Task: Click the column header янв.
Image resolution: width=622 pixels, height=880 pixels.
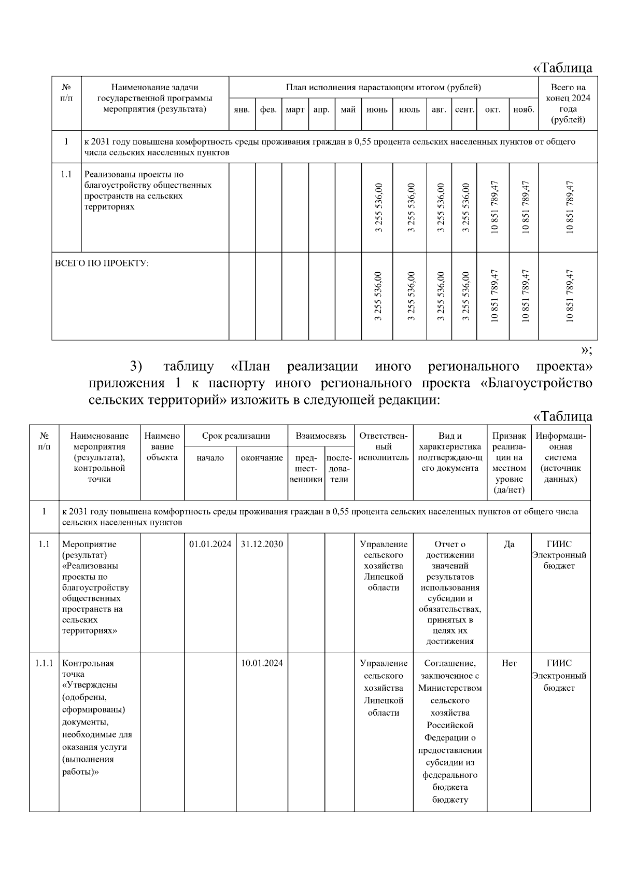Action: click(242, 110)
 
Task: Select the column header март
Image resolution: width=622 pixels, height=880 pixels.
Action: click(295, 110)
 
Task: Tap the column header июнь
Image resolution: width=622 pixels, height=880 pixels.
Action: click(377, 110)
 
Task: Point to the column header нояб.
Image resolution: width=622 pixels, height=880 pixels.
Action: click(524, 110)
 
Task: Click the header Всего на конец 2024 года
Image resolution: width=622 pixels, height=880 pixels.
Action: click(568, 103)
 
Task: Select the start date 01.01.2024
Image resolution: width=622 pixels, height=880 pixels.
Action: click(210, 544)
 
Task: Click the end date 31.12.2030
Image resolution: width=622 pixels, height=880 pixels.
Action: click(262, 544)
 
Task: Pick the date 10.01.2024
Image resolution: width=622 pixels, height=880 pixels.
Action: click(262, 663)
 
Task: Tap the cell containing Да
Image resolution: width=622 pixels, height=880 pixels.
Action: click(509, 544)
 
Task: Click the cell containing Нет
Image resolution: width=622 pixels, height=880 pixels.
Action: click(509, 663)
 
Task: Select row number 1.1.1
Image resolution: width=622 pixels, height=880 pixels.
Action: click(44, 663)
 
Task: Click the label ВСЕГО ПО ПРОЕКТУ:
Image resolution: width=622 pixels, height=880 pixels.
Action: click(102, 263)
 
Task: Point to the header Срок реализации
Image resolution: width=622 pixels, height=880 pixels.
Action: click(236, 436)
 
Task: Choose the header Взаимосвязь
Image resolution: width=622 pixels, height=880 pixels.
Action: click(321, 436)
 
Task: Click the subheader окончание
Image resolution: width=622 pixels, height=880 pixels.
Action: click(262, 458)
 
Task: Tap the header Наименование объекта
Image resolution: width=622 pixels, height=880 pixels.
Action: click(162, 446)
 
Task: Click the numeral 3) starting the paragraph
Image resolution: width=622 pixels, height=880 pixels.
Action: click(136, 367)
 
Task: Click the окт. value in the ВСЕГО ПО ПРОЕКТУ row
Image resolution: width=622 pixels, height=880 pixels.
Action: click(493, 296)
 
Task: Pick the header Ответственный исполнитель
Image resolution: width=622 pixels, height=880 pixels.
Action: click(384, 446)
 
